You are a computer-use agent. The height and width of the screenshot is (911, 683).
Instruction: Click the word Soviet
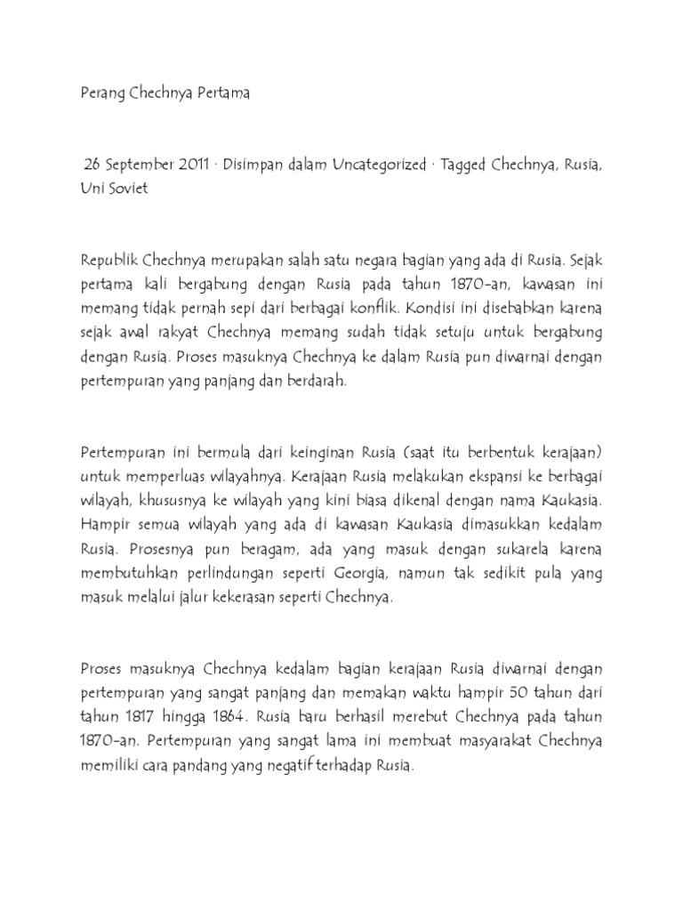coord(129,189)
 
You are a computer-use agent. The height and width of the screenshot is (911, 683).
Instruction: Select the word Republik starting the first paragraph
coord(109,261)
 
